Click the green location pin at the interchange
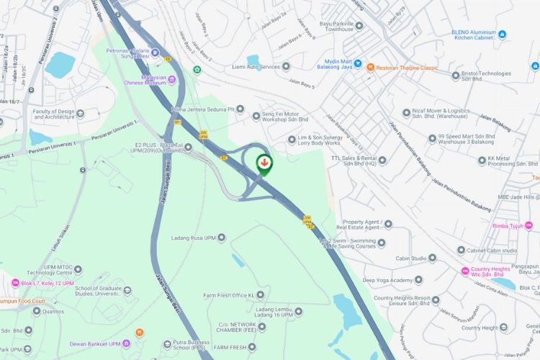pyautogui.click(x=264, y=163)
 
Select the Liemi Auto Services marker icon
pyautogui.click(x=286, y=67)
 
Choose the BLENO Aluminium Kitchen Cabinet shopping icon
pyautogui.click(x=502, y=34)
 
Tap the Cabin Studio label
pyautogui.click(x=410, y=258)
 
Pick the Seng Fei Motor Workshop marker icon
pyautogui.click(x=256, y=116)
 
